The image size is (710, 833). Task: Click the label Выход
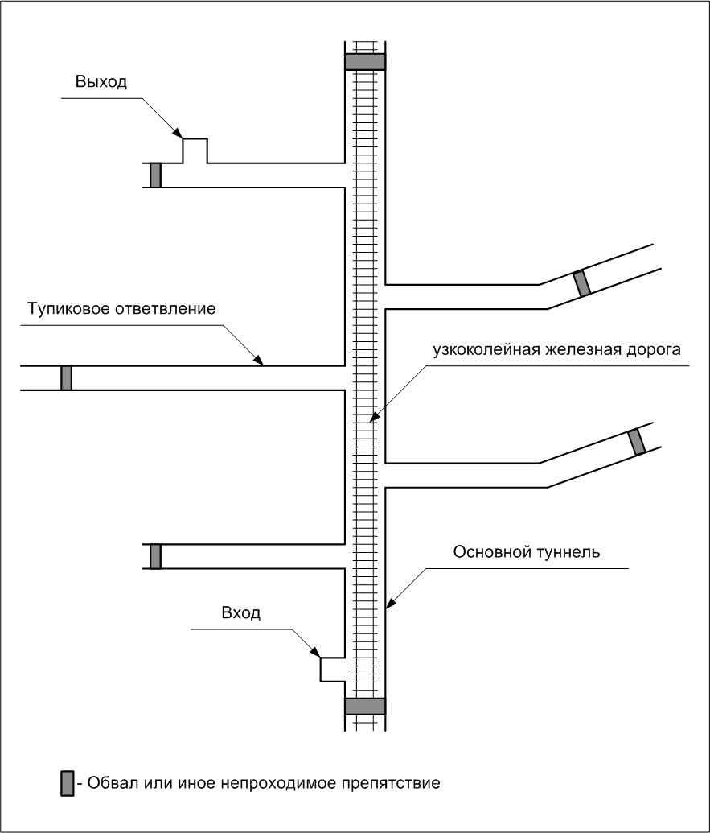point(101,81)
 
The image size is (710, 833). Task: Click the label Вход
point(240,612)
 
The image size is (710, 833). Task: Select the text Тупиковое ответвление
point(121,309)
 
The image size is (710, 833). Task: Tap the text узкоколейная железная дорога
point(556,351)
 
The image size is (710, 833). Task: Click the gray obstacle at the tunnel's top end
point(365,62)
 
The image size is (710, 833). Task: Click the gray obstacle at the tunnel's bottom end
point(365,706)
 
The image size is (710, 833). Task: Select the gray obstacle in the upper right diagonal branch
point(581,283)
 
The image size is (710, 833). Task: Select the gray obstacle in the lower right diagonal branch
point(636,441)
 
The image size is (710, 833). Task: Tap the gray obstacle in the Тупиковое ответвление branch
point(66,377)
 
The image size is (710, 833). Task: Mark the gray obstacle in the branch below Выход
point(155,175)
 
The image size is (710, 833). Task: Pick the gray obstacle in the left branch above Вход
point(155,555)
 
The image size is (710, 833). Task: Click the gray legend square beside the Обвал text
point(68,783)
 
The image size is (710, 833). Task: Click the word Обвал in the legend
point(108,782)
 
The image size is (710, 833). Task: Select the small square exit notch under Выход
point(195,151)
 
